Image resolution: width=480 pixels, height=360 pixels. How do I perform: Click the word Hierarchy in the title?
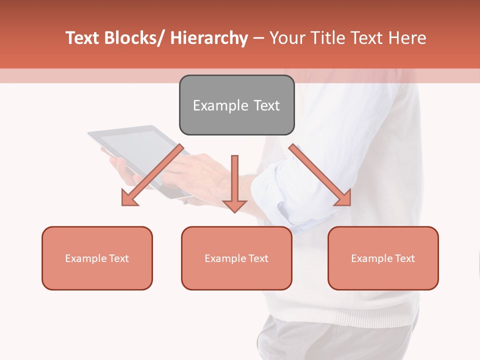[x=209, y=38]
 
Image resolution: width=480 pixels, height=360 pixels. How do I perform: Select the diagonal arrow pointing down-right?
[x=320, y=175]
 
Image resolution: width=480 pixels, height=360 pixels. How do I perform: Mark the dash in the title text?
[x=258, y=38]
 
